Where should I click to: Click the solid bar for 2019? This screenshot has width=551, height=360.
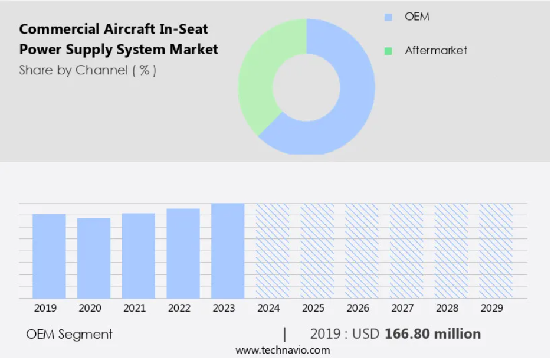[x=49, y=256]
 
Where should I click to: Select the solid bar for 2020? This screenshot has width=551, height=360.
[x=94, y=258]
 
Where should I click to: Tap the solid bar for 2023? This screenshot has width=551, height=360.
[x=228, y=251]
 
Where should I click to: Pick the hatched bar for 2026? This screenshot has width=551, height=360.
[x=362, y=251]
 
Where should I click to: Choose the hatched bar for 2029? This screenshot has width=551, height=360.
[x=496, y=251]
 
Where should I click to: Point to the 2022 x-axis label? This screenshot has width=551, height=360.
[x=179, y=308]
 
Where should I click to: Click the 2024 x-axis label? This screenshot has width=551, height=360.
[x=268, y=308]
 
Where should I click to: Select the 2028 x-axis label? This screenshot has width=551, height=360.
[x=447, y=308]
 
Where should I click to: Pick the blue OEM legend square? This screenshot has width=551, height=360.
[x=388, y=17]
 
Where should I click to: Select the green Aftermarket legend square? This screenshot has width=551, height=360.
[x=388, y=51]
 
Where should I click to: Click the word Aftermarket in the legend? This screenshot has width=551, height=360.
[x=436, y=51]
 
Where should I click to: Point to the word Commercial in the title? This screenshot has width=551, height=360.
[x=58, y=29]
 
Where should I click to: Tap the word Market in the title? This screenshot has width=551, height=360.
[x=193, y=50]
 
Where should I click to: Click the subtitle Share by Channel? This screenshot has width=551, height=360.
[x=73, y=70]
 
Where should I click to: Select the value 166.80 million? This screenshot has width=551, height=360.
[x=432, y=334]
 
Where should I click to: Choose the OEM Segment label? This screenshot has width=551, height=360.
[x=69, y=335]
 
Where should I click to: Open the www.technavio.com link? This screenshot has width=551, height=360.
[x=283, y=351]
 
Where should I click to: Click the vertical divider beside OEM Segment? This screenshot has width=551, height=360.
[x=284, y=335]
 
